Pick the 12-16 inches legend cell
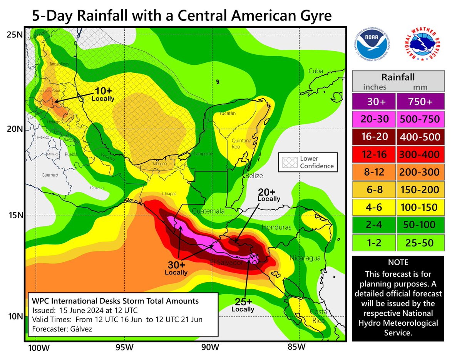click(373, 155)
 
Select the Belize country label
click(254, 176)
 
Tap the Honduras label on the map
click(276, 227)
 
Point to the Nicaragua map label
click(305, 257)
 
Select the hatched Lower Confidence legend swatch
click(288, 162)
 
